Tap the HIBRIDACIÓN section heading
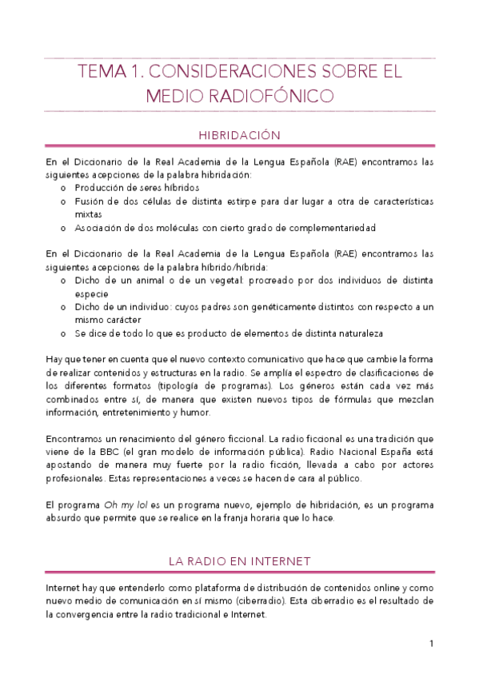[239, 136]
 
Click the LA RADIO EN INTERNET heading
[239, 561]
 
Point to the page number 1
[430, 644]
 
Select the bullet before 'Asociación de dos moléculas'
[65, 228]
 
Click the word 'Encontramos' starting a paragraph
[76, 438]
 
